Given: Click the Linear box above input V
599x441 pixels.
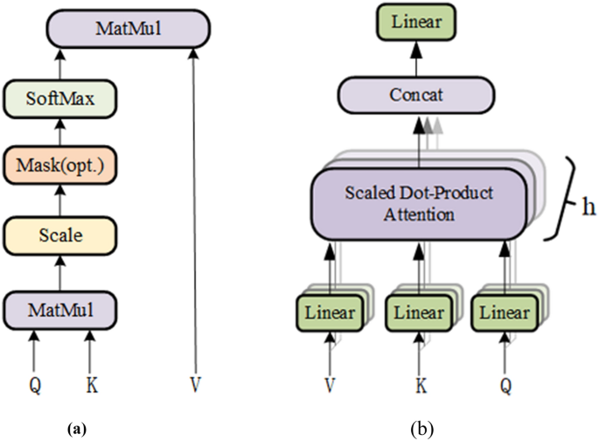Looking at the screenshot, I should pyautogui.click(x=331, y=311).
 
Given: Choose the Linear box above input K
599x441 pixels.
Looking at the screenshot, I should pyautogui.click(x=415, y=311).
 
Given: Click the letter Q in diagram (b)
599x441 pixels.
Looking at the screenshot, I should pyautogui.click(x=504, y=383).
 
